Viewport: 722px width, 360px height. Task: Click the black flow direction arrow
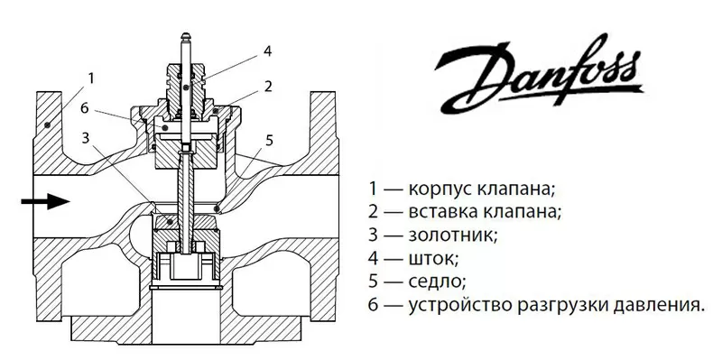click(45, 202)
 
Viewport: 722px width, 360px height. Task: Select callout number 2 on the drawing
click(269, 86)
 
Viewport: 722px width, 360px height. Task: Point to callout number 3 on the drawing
click(86, 138)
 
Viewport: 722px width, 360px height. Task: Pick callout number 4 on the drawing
click(268, 51)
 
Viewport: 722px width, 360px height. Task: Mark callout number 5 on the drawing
click(268, 140)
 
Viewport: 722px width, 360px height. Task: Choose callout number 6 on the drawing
click(84, 108)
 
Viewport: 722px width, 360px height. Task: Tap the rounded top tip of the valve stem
click(184, 35)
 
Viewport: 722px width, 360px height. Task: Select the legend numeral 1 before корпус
click(372, 189)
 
